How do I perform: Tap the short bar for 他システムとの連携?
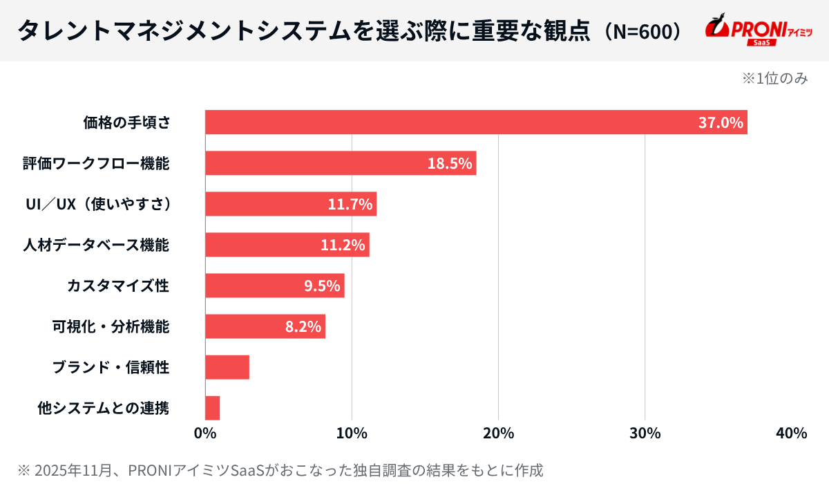pyautogui.click(x=213, y=408)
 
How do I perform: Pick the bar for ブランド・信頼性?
pyautogui.click(x=227, y=367)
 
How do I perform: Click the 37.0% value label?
pyautogui.click(x=721, y=123)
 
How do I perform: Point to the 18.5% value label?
pyautogui.click(x=450, y=164)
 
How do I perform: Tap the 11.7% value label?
pyautogui.click(x=350, y=205)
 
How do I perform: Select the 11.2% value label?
pyautogui.click(x=343, y=245)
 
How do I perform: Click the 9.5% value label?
pyautogui.click(x=322, y=286)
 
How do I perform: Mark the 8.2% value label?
pyautogui.click(x=303, y=326)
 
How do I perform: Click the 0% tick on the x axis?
pyautogui.click(x=205, y=434)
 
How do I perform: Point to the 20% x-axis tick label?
pyautogui.click(x=498, y=434)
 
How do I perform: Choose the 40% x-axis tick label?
pyautogui.click(x=791, y=434)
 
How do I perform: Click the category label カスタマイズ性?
pyautogui.click(x=118, y=286)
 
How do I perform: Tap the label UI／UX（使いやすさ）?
pyautogui.click(x=97, y=205)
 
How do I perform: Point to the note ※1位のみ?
pyautogui.click(x=774, y=78)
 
